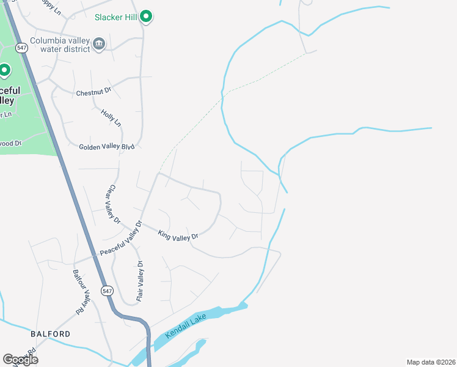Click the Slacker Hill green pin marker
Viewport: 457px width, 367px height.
coord(145,16)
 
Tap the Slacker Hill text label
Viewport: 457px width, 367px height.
coord(115,17)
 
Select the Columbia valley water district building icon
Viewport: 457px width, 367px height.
coord(99,43)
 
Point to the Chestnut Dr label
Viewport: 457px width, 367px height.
coord(93,92)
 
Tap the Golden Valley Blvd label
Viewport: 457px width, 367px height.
coord(106,147)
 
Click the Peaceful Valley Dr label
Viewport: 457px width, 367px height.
coord(121,239)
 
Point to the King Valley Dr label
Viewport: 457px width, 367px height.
coord(178,235)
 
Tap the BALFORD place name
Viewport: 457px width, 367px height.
coord(50,334)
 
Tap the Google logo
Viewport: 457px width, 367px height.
coord(20,360)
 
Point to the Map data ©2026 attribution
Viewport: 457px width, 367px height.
coord(430,362)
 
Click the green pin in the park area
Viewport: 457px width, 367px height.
coord(4,70)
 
